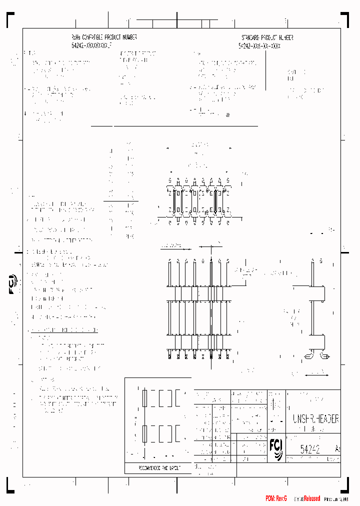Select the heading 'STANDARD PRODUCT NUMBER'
pyautogui.click(x=267, y=38)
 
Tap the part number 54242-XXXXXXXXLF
pyautogui.click(x=91, y=45)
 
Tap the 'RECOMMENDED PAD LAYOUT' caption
pyautogui.click(x=159, y=468)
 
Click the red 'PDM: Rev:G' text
pyautogui.click(x=276, y=498)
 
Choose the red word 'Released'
pyautogui.click(x=311, y=498)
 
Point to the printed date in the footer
pyautogui.click(x=339, y=499)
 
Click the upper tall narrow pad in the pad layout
pyautogui.click(x=145, y=399)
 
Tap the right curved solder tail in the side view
pyautogui.click(x=324, y=356)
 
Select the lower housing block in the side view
pyautogui.click(x=317, y=341)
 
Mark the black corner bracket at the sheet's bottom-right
pyautogui.click(x=348, y=484)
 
